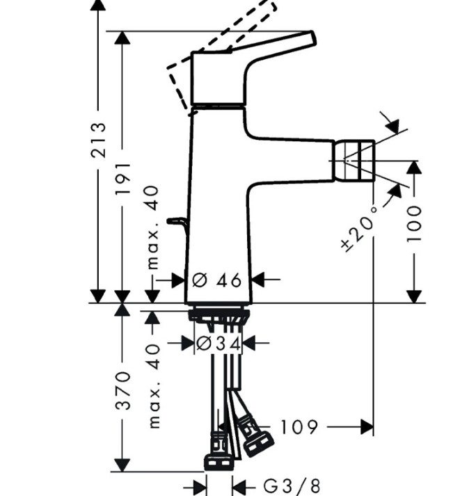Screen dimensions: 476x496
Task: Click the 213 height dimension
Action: [98, 140]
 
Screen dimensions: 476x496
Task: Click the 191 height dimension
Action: [122, 179]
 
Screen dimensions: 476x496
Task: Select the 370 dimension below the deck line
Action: [122, 391]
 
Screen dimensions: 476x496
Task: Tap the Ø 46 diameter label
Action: [217, 280]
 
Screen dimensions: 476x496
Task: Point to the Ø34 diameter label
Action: [219, 344]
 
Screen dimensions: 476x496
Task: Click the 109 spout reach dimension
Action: [299, 427]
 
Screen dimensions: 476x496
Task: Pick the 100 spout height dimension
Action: [414, 224]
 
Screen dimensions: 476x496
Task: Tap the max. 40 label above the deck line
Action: [154, 227]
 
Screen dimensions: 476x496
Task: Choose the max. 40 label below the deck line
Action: [154, 386]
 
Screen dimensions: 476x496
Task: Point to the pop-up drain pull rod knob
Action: [176, 221]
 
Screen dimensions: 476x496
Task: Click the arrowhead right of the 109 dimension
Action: [367, 427]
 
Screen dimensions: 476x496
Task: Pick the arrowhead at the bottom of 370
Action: [122, 465]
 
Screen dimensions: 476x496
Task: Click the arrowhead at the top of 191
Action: [122, 38]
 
